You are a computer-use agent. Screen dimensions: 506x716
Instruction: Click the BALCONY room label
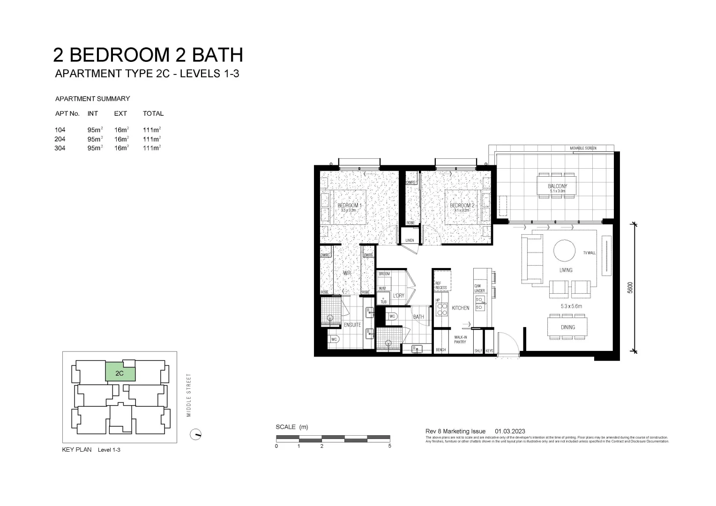tap(557, 186)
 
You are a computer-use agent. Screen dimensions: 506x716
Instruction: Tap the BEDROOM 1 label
tap(350, 206)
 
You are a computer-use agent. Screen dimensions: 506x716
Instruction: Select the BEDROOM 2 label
tap(462, 206)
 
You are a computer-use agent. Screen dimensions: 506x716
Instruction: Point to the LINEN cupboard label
tap(410, 240)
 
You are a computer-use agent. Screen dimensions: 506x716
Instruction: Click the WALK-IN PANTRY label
tap(460, 339)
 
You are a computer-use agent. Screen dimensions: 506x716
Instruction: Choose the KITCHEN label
tap(460, 308)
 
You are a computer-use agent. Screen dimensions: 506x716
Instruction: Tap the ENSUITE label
tap(352, 325)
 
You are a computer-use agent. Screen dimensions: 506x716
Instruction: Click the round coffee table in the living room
tap(565, 250)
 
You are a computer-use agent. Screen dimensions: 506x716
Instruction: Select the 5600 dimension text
tap(630, 287)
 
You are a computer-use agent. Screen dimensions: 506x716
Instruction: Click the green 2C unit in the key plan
tap(120, 373)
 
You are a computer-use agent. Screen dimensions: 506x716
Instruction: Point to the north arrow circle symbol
tap(195, 434)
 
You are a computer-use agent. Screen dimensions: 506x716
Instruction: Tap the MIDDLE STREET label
tap(189, 395)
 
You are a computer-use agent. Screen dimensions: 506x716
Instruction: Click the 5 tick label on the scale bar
tap(390, 446)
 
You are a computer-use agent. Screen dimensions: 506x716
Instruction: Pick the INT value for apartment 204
tap(95, 139)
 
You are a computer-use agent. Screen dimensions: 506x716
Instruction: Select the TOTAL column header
tap(153, 113)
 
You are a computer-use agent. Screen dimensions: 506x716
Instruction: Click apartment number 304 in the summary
tap(60, 148)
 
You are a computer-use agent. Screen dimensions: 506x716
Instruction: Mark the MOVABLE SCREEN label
tap(583, 148)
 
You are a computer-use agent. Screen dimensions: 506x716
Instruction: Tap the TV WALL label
tap(589, 253)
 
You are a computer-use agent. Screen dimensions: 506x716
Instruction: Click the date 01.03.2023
tap(510, 431)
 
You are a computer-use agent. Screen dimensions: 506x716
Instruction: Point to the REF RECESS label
tap(441, 285)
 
